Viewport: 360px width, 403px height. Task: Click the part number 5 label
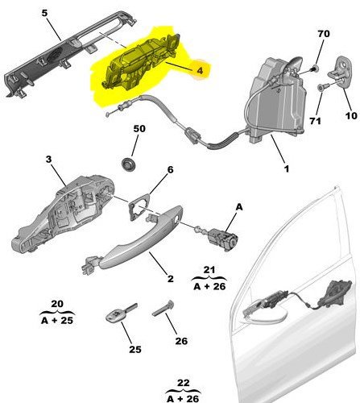[x=45, y=13]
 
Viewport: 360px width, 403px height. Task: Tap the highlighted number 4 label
[x=200, y=70]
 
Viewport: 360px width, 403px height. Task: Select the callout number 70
[x=324, y=34]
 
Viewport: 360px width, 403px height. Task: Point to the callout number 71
[x=316, y=121]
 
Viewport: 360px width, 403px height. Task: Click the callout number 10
[x=351, y=116]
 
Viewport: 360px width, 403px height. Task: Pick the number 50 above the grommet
[x=139, y=129]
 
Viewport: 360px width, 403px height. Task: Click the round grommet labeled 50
[x=129, y=164]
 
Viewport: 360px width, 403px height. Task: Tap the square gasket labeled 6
[x=139, y=206]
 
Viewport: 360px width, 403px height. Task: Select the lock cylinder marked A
[x=221, y=236]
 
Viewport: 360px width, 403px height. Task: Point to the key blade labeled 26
[x=163, y=309]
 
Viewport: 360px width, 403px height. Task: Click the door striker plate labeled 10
[x=340, y=71]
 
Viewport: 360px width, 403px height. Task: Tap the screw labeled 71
[x=323, y=87]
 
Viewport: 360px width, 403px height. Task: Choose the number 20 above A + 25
[x=57, y=304]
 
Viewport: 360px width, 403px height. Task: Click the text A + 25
[x=57, y=320]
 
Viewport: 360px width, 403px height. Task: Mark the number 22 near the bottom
[x=184, y=383]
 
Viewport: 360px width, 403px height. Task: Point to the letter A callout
[x=239, y=207]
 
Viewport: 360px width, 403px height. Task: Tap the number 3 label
[x=48, y=160]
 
